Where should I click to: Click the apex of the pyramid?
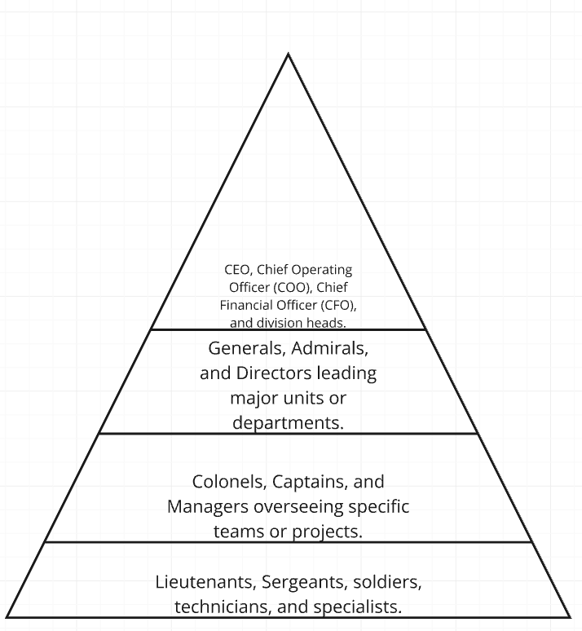point(288,55)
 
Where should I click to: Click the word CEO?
point(237,269)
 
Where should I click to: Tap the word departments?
point(288,425)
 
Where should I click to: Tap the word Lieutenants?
point(201,584)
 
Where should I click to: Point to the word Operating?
point(320,269)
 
